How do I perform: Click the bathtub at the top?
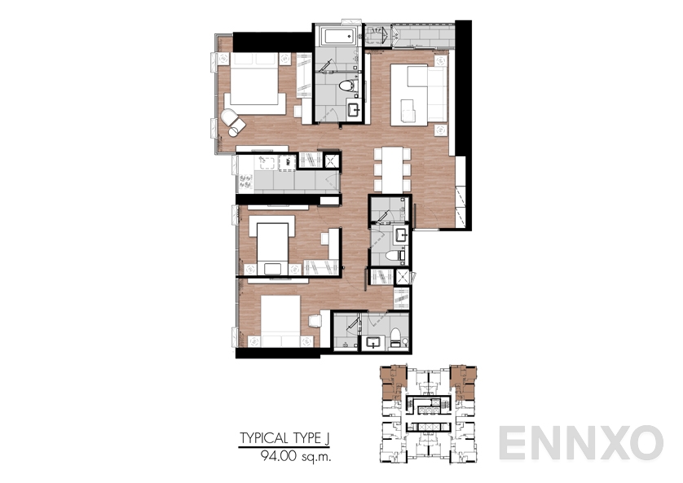(337, 36)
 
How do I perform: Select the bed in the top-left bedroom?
(253, 81)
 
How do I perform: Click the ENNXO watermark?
(580, 443)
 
